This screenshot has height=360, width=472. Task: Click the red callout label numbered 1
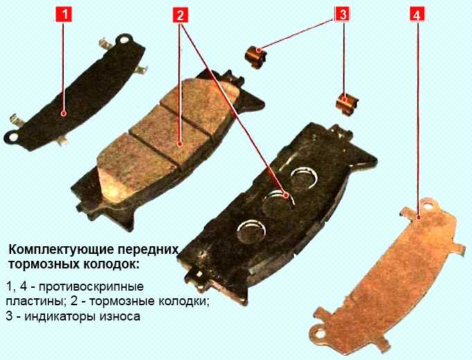pyautogui.click(x=64, y=15)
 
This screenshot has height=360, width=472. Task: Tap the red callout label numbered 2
pyautogui.click(x=180, y=15)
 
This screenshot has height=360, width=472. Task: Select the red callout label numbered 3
pyautogui.click(x=342, y=15)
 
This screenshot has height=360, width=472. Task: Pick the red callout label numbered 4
pyautogui.click(x=417, y=15)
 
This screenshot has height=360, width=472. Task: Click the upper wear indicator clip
pyautogui.click(x=255, y=58)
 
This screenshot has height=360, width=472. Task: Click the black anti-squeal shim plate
pyautogui.click(x=76, y=92)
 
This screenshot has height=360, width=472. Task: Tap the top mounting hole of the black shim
pyautogui.click(x=123, y=40)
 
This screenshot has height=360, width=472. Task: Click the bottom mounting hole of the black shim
pyautogui.click(x=13, y=137)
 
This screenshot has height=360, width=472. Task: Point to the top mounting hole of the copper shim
pyautogui.click(x=427, y=207)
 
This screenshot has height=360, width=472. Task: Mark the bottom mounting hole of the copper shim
pyautogui.click(x=320, y=334)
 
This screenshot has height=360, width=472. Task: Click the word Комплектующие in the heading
pyautogui.click(x=61, y=250)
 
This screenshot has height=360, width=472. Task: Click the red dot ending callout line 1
pyautogui.click(x=64, y=113)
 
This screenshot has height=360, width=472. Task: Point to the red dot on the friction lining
pyautogui.click(x=180, y=144)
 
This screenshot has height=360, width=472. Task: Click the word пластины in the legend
pyautogui.click(x=33, y=302)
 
